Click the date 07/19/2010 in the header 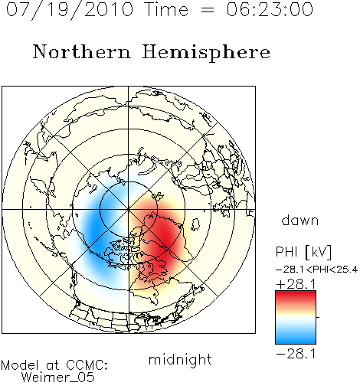tap(70, 9)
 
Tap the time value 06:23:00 tap(270, 9)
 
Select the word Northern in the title tap(82, 52)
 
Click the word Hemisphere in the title tap(206, 53)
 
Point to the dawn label tap(300, 220)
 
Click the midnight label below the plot tap(180, 360)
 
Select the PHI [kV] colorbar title tap(303, 252)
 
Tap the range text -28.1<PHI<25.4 tap(316, 270)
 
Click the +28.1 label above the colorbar tap(296, 284)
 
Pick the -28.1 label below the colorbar tap(296, 354)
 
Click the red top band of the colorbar tap(296, 294)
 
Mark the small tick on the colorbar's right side tap(318, 317)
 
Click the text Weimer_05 tap(57, 377)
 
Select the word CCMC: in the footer tap(87, 365)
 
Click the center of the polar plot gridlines tap(129, 210)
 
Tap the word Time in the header tap(166, 9)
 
